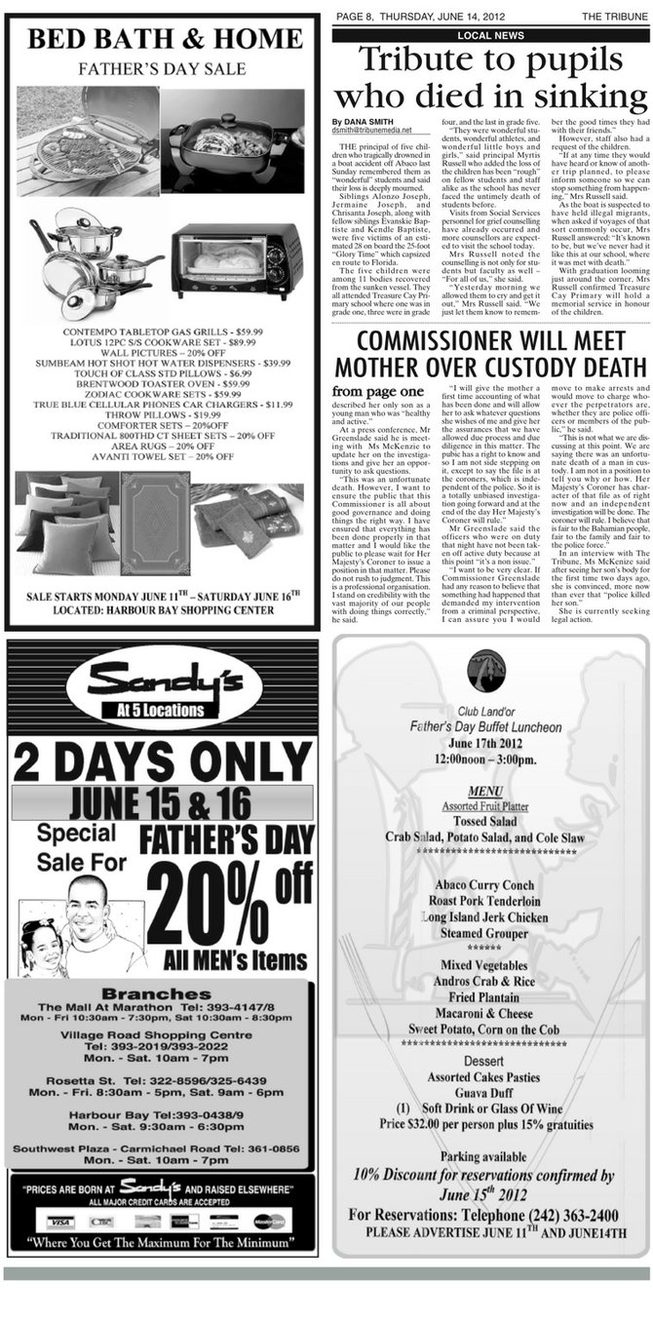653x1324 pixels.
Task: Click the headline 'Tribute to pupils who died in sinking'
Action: (x=490, y=79)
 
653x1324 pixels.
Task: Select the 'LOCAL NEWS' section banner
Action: (x=490, y=35)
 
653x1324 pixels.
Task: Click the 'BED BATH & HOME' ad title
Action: (x=164, y=40)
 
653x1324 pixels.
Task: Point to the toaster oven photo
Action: (x=237, y=260)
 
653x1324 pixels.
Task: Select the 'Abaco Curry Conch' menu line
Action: (x=490, y=885)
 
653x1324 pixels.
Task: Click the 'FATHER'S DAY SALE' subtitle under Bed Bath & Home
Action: (x=163, y=70)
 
